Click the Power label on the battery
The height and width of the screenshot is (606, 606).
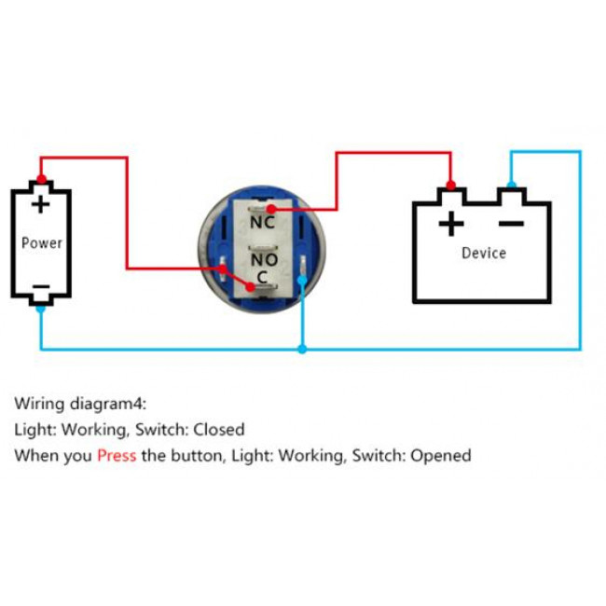tap(42, 243)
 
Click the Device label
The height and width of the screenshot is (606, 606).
tap(484, 253)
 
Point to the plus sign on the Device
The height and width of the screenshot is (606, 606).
tap(450, 224)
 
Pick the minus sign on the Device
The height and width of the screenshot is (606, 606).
tap(511, 224)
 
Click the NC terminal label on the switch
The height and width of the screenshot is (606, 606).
tap(263, 223)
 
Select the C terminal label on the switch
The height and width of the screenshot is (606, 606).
tap(263, 276)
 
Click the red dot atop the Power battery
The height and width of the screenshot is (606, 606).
tap(41, 181)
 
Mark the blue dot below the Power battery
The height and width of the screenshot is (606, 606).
tap(41, 308)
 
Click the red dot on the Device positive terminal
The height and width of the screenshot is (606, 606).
tap(450, 186)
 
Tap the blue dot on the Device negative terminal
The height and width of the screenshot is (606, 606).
tap(511, 185)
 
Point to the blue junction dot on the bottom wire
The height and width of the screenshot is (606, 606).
tap(301, 350)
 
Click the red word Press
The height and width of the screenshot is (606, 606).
tap(117, 456)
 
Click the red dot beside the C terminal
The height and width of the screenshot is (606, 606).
tap(224, 268)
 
